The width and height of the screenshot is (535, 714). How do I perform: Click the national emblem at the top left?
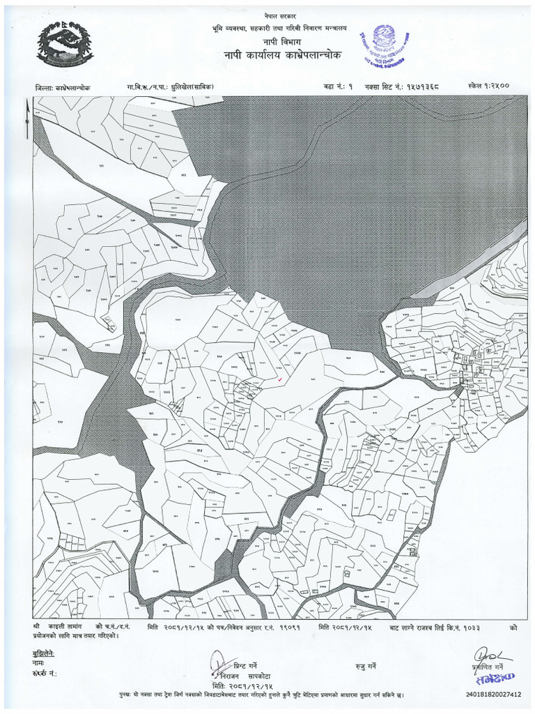[65, 43]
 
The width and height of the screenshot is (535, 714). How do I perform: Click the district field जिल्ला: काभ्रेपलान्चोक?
[62, 88]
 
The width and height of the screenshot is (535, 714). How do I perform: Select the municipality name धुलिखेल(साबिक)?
[187, 87]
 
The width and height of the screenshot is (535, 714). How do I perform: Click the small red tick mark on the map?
[279, 379]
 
